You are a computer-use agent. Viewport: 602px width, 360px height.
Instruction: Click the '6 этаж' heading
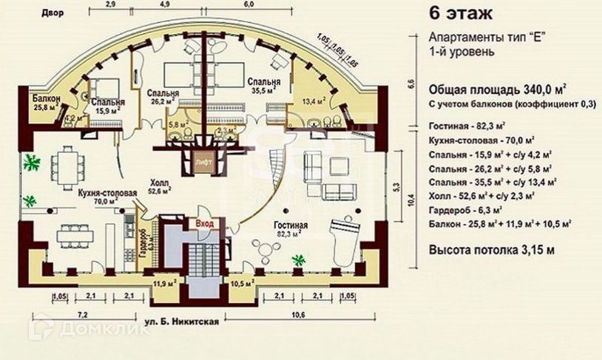tap(459, 14)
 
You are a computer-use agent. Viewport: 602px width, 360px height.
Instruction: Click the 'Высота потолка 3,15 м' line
tap(491, 251)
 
